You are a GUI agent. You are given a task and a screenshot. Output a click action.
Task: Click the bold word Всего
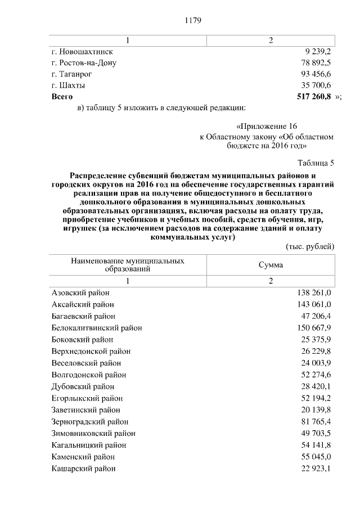tap(62, 97)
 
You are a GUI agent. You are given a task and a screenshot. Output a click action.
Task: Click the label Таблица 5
tap(317, 163)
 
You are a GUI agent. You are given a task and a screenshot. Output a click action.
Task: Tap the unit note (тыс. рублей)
tap(310, 246)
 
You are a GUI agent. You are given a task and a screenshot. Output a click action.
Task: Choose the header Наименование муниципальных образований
tap(128, 265)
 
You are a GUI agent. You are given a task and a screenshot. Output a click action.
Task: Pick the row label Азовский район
tap(80, 292)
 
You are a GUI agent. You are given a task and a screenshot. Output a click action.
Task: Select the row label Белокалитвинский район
tap(96, 327)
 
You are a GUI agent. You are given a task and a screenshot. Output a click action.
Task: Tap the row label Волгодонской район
tap(89, 375)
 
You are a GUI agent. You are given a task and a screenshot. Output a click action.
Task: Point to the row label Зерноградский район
tap(90, 421)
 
